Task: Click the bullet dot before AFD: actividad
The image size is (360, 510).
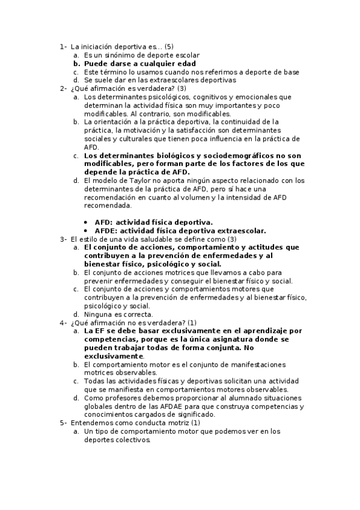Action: point(87,222)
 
